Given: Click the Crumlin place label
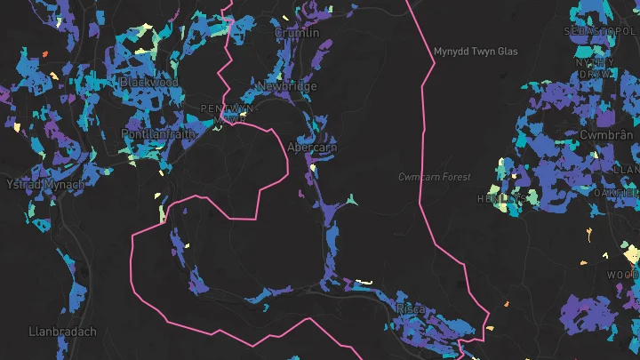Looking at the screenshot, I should pyautogui.click(x=297, y=33).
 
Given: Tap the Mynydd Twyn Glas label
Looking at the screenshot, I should pyautogui.click(x=476, y=52).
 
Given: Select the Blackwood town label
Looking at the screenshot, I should pyautogui.click(x=148, y=82).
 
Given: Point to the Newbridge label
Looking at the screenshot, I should pyautogui.click(x=286, y=86).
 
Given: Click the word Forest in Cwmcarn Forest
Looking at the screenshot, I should pyautogui.click(x=454, y=177).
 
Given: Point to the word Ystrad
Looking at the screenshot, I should pyautogui.click(x=22, y=184).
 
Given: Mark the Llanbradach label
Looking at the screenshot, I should pyautogui.click(x=62, y=332).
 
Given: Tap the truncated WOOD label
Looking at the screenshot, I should pyautogui.click(x=622, y=276).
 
